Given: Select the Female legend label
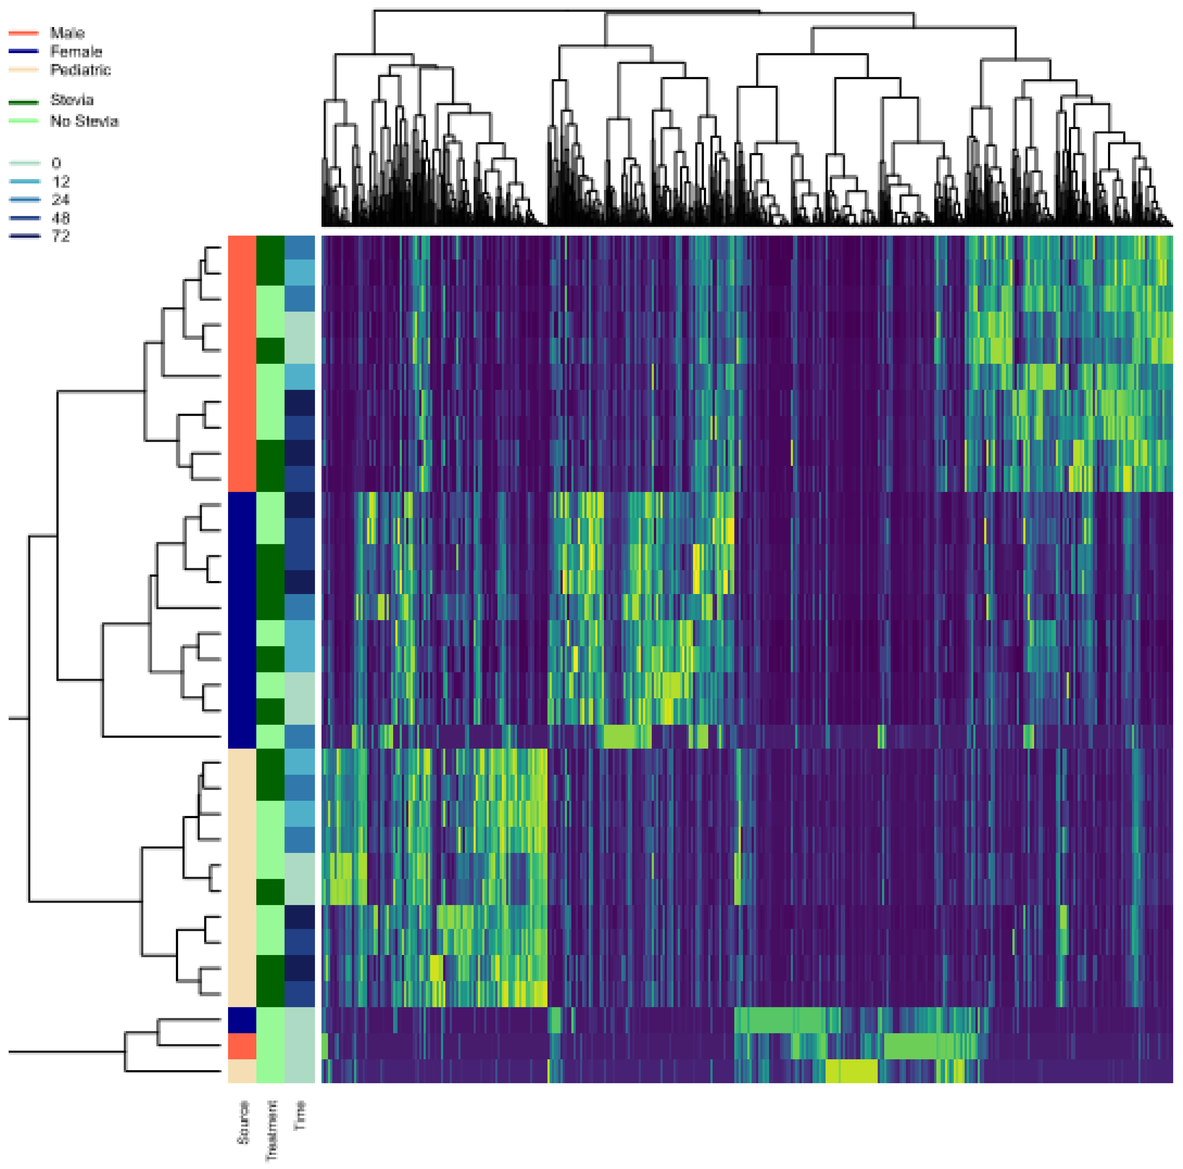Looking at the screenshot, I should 76,51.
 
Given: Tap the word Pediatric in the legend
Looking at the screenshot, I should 80,70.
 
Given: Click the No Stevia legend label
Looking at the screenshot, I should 84,121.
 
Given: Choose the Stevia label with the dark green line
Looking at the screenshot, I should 72,100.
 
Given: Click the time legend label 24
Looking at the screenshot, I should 61,200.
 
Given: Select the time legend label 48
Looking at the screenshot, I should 61,218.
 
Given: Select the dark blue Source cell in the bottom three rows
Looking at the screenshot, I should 242,1019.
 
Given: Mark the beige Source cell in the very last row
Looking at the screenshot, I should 242,1071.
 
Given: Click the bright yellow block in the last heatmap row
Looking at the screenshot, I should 851,1071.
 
